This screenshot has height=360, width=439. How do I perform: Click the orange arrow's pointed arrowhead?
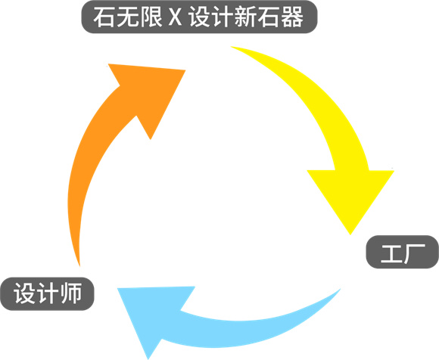[151, 92]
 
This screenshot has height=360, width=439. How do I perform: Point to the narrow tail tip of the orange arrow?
[79, 265]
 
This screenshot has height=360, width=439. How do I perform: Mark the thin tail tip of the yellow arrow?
[232, 47]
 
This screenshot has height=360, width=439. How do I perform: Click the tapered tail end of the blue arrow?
[340, 290]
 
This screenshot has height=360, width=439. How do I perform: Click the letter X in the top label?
[175, 17]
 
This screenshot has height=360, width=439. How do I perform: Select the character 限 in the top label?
[151, 17]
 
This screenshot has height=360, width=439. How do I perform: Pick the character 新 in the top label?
[244, 17]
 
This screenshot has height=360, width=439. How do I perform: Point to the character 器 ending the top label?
[292, 17]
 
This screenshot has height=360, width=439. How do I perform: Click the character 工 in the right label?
[391, 253]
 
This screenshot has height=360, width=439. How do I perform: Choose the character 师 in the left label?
[71, 293]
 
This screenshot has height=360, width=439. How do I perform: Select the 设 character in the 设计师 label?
[24, 293]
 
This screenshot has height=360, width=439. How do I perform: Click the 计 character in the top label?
[221, 17]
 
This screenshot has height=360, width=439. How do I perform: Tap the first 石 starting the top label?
[104, 17]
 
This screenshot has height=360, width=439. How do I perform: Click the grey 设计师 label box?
[48, 293]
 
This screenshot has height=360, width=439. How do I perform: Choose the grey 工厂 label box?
[403, 252]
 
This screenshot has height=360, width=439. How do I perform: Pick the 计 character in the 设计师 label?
[48, 293]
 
